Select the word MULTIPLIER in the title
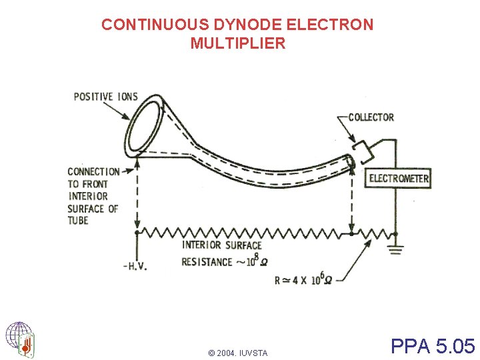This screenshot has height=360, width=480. tap(237, 44)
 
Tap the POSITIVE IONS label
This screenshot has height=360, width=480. tap(105, 97)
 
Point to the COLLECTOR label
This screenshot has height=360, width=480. tap(371, 117)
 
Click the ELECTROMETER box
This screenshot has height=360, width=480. tap(399, 178)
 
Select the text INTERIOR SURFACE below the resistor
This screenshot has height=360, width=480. tap(222, 245)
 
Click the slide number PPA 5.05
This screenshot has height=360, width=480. tap(433, 346)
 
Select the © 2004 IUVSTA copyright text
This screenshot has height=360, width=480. tap(237, 353)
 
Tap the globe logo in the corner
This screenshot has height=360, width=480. tap(20, 338)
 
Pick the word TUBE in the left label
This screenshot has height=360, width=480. tap(78, 221)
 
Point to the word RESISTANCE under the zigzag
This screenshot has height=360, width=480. tap(207, 262)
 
